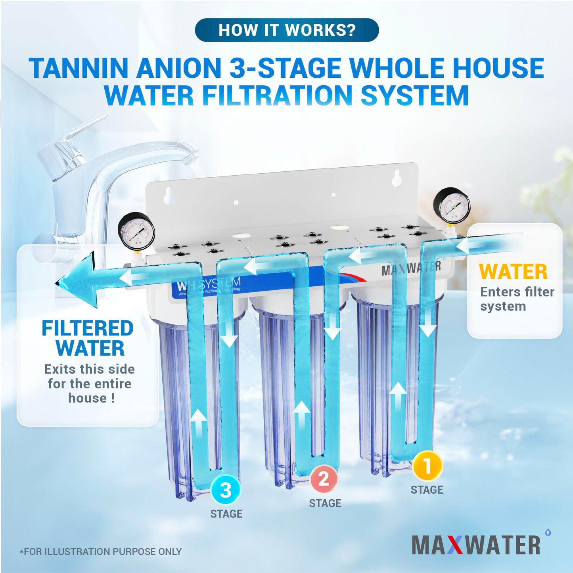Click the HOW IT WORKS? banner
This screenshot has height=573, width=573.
pyautogui.click(x=287, y=30)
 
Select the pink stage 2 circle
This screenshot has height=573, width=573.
pyautogui.click(x=324, y=479)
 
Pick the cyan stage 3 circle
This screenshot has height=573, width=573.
pyautogui.click(x=226, y=490)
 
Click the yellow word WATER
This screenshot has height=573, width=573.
pyautogui.click(x=513, y=272)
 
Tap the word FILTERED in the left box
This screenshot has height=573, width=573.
pyautogui.click(x=88, y=329)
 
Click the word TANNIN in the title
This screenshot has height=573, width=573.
pyautogui.click(x=79, y=68)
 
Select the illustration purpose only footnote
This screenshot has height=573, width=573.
pyautogui.click(x=101, y=552)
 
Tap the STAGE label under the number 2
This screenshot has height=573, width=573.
pyautogui.click(x=325, y=503)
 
